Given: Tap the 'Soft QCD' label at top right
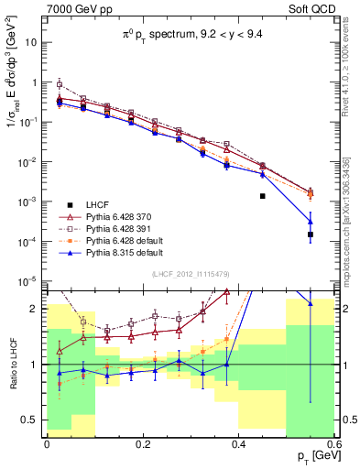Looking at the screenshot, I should tap(307, 10).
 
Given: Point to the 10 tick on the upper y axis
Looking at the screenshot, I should tap(33, 42).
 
